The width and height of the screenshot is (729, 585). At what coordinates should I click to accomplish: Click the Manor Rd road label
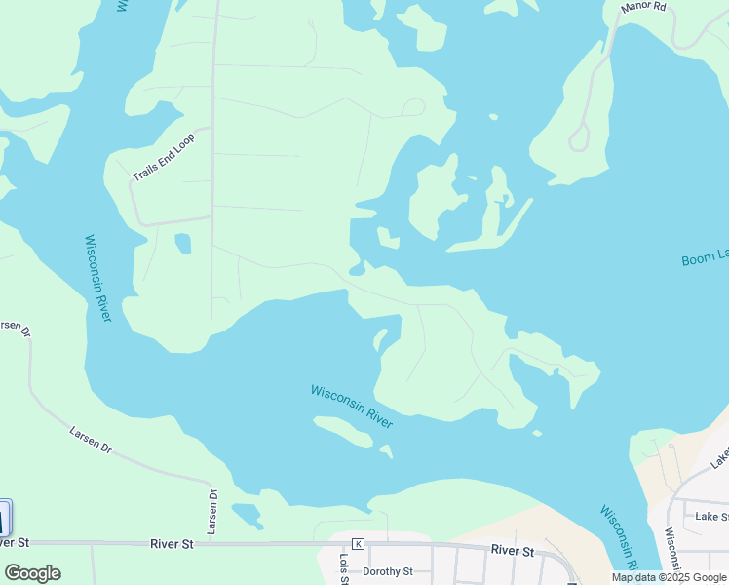645,6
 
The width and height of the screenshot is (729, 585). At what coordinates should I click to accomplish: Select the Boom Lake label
704,257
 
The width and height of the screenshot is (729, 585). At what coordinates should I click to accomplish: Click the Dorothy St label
388,571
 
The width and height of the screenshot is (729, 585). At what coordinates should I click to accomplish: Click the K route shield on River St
358,543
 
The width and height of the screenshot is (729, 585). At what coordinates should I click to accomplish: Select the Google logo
33,572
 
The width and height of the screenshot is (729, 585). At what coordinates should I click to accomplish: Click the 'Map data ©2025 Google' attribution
669,577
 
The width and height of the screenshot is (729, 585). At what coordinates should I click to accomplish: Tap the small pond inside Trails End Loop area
182,243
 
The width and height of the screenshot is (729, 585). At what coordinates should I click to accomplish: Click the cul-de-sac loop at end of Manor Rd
579,138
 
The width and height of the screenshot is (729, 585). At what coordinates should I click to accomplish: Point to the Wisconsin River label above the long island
351,406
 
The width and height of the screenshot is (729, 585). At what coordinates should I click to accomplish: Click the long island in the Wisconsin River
343,431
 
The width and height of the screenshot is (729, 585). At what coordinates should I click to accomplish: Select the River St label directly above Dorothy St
513,551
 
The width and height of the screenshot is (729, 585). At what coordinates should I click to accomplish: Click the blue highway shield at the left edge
4,517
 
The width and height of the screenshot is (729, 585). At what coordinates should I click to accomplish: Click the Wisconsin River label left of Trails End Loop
98,278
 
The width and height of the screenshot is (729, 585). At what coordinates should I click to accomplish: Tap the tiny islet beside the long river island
387,451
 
